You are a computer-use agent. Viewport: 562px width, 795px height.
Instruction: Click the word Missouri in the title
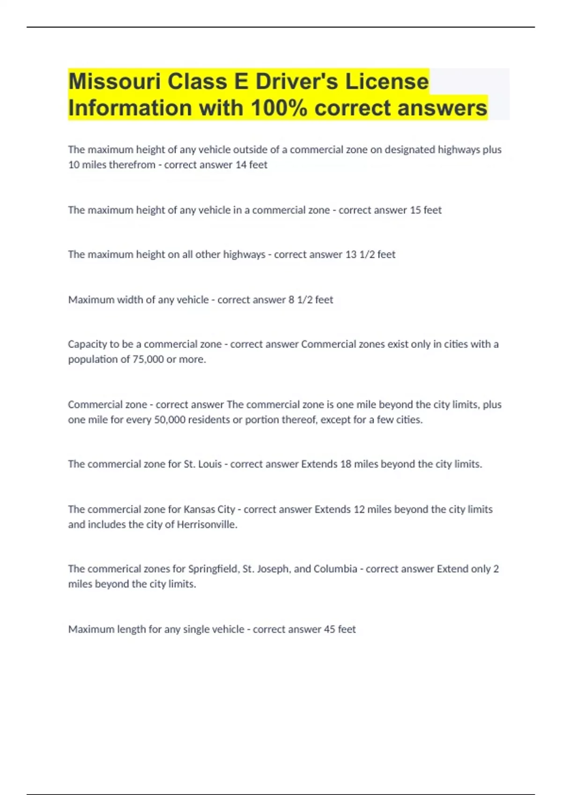coord(114,81)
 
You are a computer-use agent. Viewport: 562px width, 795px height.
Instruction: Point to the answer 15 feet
coord(425,210)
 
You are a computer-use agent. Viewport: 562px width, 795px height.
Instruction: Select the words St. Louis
coord(203,464)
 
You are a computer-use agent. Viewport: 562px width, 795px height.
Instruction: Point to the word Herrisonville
coord(207,524)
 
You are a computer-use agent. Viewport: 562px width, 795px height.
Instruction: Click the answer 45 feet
coord(340,629)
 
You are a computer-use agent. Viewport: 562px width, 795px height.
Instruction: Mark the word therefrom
coord(132,165)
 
